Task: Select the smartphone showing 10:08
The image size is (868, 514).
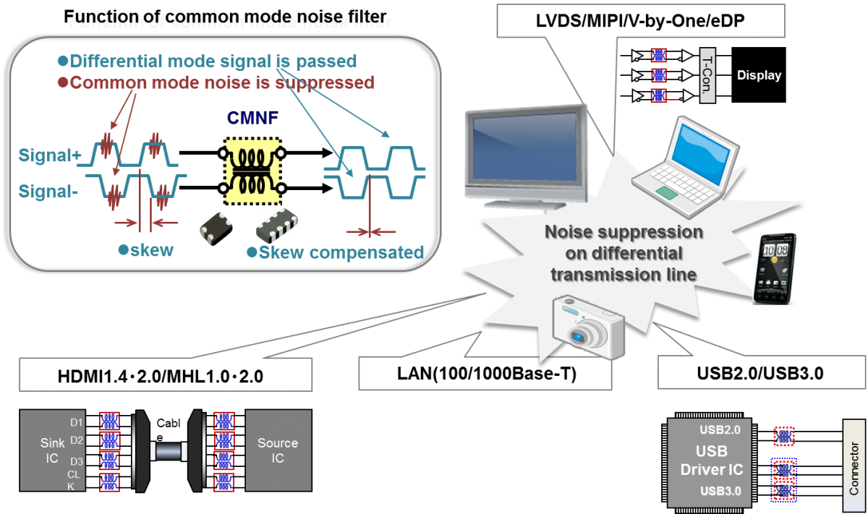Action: coord(775,267)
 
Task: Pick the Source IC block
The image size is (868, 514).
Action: coord(278,450)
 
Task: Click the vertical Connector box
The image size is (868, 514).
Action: coord(855,467)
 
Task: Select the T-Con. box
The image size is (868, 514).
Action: coord(707,75)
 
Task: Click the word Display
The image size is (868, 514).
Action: coord(759,75)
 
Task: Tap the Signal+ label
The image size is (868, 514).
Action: coord(49,155)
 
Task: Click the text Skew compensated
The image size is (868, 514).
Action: coord(341,252)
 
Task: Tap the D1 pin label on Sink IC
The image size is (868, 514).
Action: coord(76,422)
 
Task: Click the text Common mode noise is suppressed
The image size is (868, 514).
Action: coord(222,82)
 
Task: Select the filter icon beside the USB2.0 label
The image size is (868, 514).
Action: coord(784,435)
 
